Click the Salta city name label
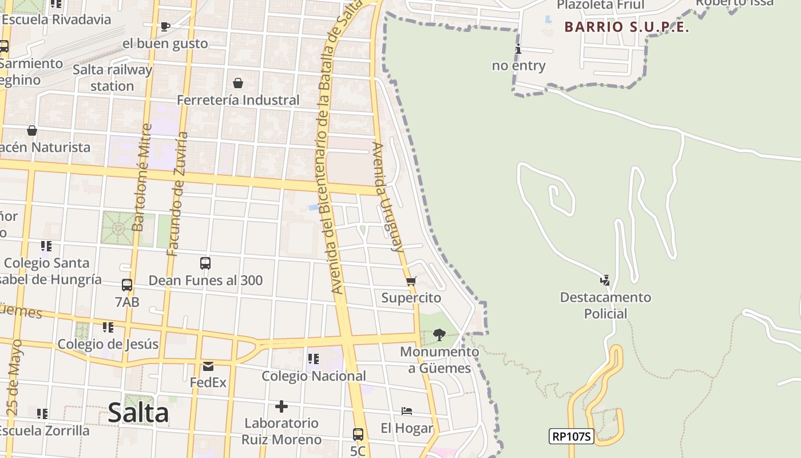coord(138,413)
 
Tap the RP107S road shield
coord(571,436)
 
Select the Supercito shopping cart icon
coord(411,281)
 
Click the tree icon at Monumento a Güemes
coord(439,334)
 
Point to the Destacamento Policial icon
coord(605,281)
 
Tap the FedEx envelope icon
coord(208,366)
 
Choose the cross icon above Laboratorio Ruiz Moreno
coord(281,406)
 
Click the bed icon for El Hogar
coord(407,411)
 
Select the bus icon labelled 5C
coord(358,435)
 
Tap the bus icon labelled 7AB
coord(127,285)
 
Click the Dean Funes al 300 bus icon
coord(205,263)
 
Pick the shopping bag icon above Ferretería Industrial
coord(238,83)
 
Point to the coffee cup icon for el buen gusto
coord(165,26)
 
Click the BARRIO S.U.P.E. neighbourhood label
coord(626,27)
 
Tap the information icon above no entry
coord(518,49)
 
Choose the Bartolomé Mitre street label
coord(142,177)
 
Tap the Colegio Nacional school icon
coord(313,359)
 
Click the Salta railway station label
coord(112,78)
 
